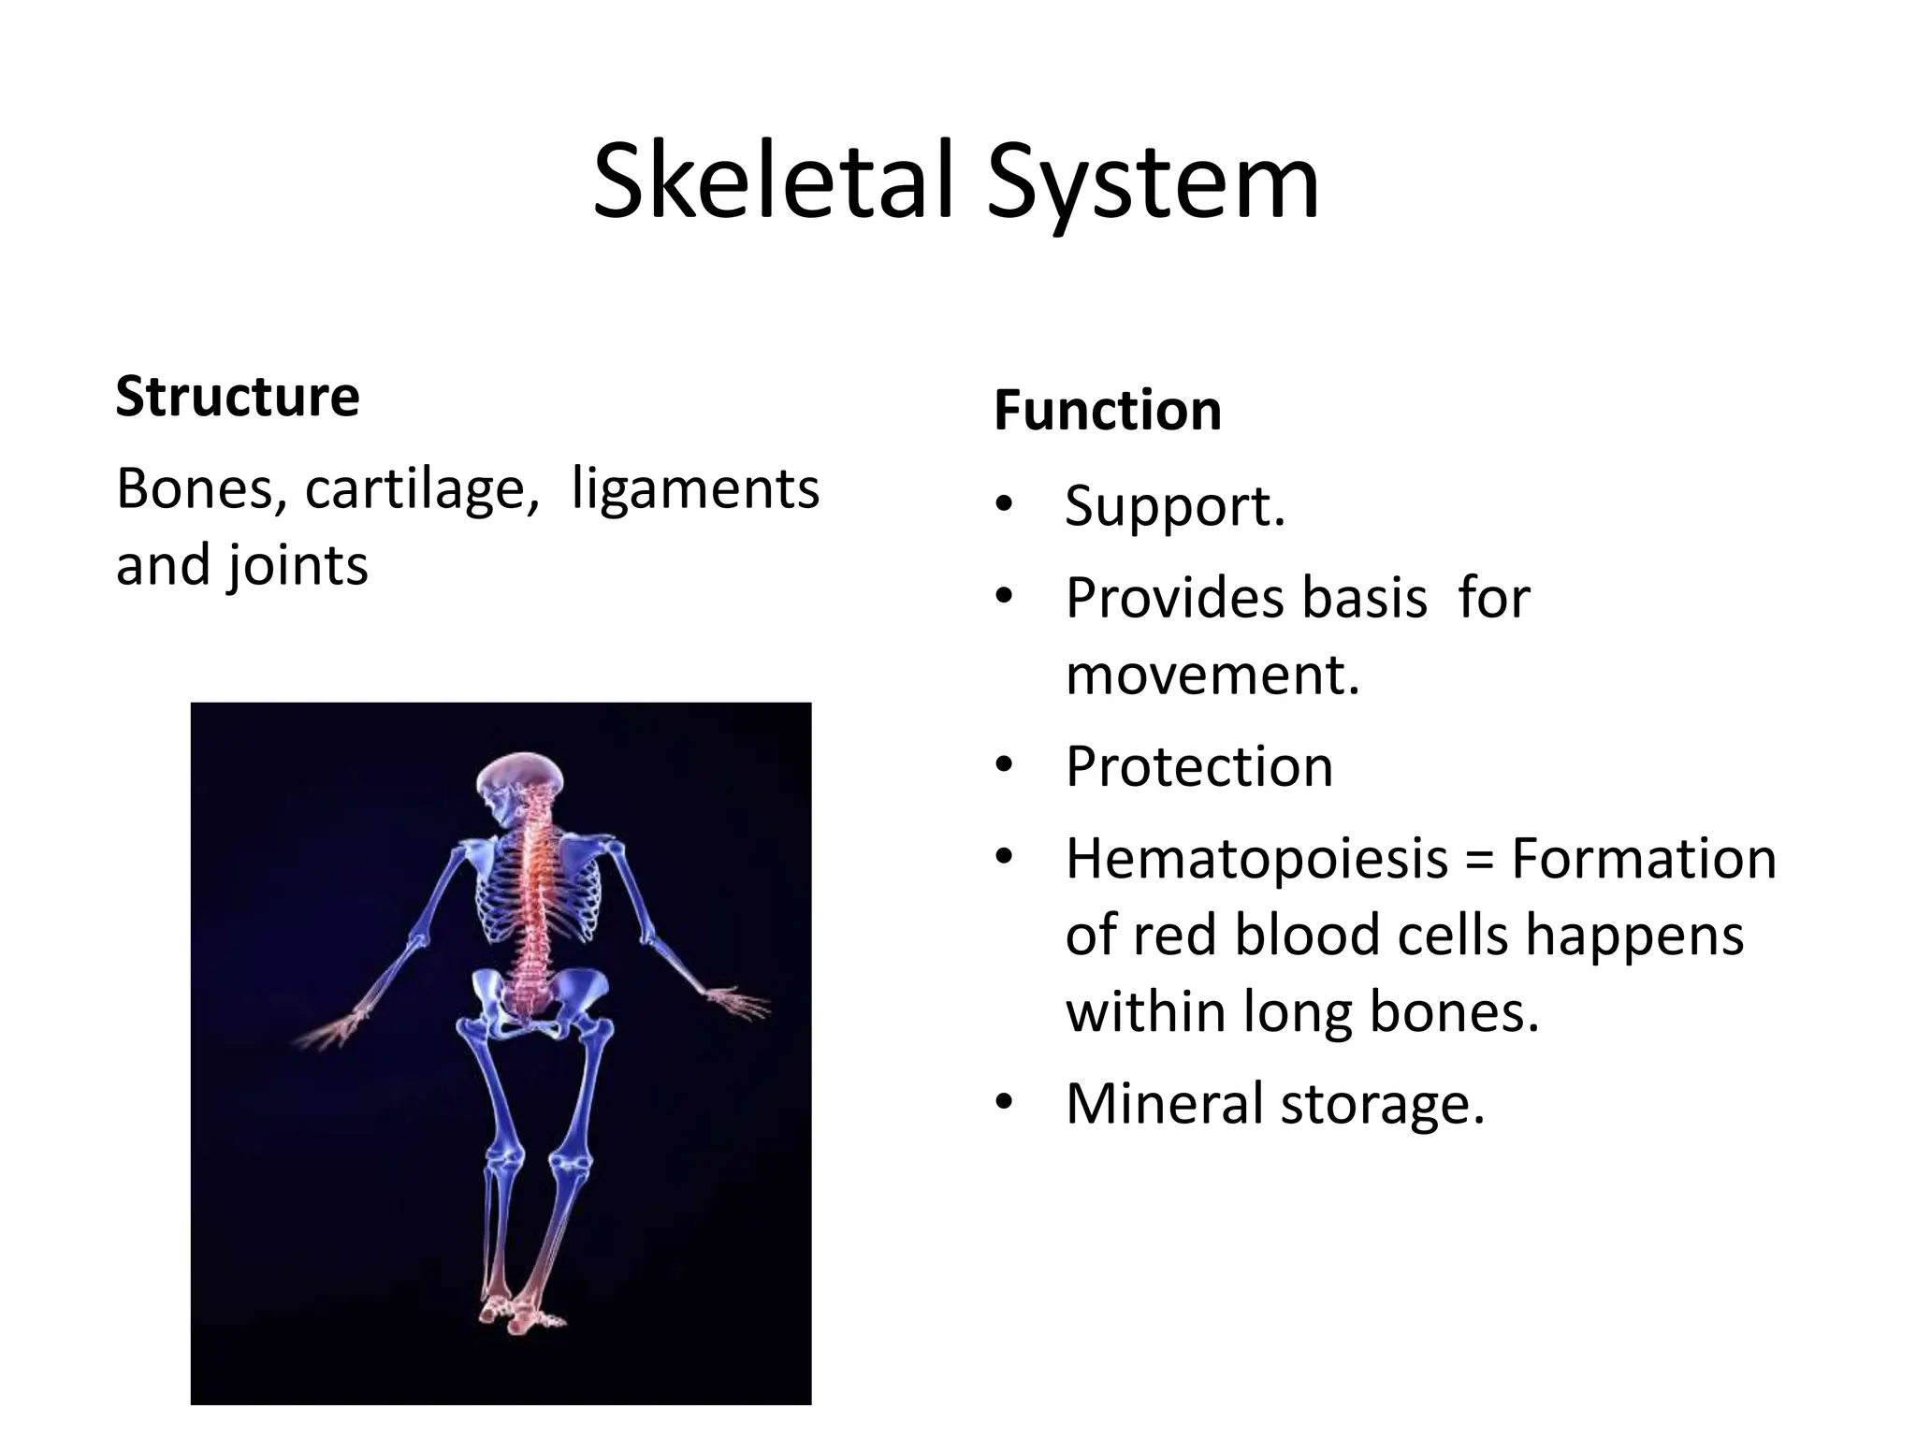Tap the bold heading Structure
[238, 396]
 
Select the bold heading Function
[1108, 411]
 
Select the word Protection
[1198, 766]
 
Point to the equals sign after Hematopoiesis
[1480, 861]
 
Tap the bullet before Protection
[1005, 766]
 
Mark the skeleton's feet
[520, 1314]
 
